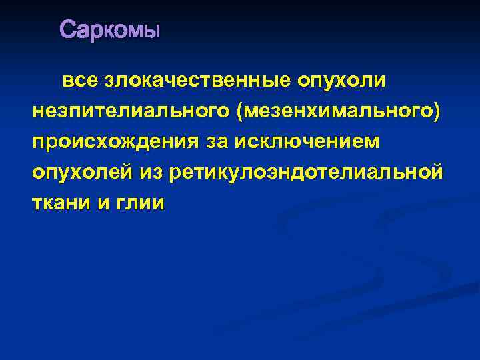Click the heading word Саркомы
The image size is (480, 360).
click(x=110, y=30)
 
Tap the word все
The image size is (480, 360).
click(x=79, y=81)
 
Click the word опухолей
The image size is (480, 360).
click(x=82, y=173)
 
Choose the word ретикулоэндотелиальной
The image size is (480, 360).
click(x=306, y=173)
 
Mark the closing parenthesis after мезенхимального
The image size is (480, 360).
click(x=437, y=111)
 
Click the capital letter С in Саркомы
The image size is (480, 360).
click(x=67, y=30)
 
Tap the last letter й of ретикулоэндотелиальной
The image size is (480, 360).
click(x=436, y=172)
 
